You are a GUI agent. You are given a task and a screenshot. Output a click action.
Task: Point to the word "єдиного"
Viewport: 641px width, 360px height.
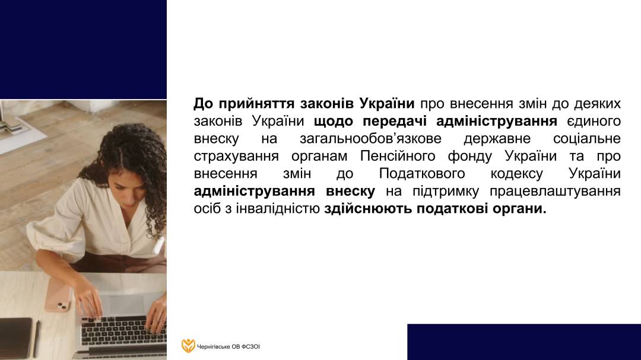(x=594, y=122)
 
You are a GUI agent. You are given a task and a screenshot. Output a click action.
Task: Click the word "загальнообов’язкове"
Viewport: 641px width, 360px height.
(x=370, y=139)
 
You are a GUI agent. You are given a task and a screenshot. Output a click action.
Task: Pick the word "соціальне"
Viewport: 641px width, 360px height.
(x=587, y=139)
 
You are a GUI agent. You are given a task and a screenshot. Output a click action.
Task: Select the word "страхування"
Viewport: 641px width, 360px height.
(x=236, y=157)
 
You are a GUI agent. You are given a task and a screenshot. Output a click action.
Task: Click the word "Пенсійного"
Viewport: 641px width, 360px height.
(x=398, y=157)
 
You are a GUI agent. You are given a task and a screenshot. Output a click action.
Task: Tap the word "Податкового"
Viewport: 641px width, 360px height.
(x=422, y=174)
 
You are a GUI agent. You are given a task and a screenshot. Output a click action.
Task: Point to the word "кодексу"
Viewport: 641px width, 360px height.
(x=517, y=174)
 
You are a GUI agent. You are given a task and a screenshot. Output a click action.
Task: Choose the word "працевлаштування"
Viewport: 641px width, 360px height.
(x=555, y=192)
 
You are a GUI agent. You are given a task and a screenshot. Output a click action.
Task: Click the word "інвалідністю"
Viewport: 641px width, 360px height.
(x=278, y=209)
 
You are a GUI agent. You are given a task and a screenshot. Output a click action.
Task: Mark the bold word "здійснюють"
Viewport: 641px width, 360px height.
(x=368, y=209)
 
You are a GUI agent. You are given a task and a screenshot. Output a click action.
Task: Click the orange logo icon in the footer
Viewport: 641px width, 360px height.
(x=188, y=346)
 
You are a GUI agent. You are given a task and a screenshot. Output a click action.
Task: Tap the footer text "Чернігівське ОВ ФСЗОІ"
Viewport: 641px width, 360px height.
(x=228, y=347)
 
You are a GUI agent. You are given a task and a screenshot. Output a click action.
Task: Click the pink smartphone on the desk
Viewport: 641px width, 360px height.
(x=58, y=295)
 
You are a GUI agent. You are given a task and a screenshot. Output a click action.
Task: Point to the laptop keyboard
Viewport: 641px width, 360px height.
(x=123, y=330)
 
